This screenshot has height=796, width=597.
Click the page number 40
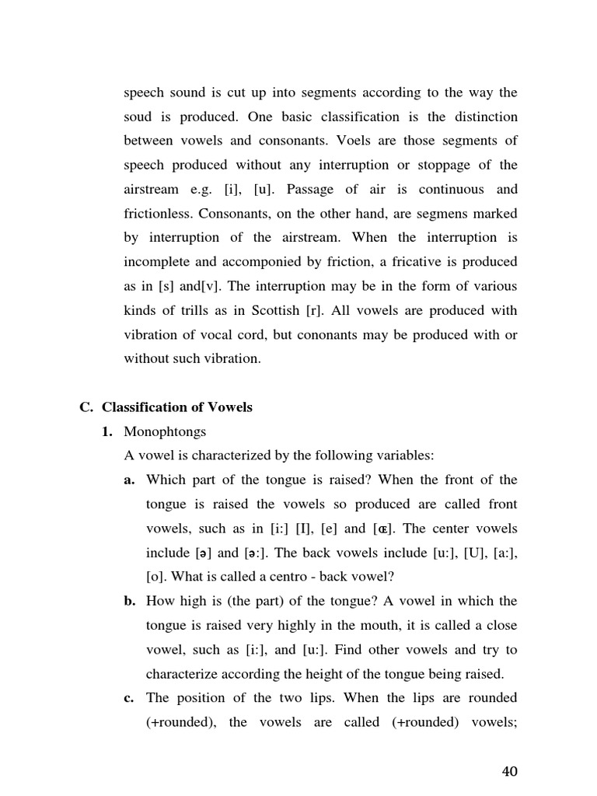509,771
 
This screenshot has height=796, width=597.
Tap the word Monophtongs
165,431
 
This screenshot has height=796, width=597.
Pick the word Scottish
279,310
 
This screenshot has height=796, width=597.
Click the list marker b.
129,601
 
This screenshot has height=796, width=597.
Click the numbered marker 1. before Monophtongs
107,431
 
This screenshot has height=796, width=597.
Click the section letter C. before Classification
86,407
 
